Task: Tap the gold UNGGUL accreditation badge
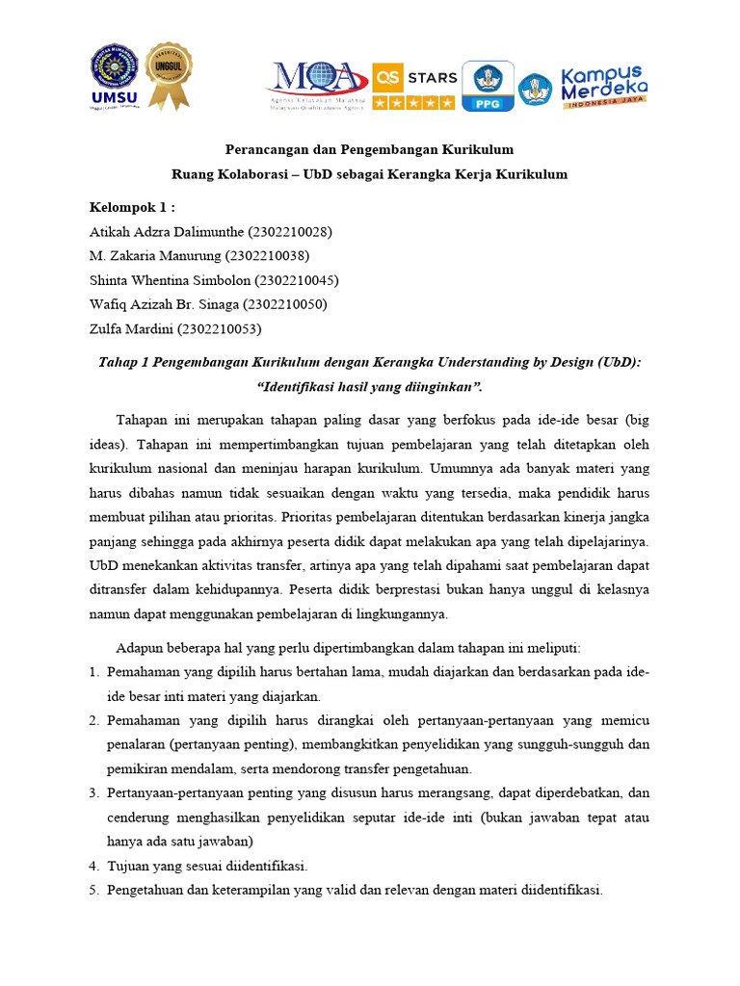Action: point(168,76)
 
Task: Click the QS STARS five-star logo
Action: point(414,86)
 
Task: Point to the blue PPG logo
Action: point(488,86)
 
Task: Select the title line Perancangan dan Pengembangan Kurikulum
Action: point(369,150)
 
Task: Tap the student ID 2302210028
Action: point(290,232)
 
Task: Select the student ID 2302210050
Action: point(285,304)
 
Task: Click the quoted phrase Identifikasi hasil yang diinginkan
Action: point(369,387)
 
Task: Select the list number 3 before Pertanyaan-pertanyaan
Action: point(94,791)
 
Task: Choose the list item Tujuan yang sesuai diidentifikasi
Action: point(207,866)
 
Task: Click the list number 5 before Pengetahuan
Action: point(94,891)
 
